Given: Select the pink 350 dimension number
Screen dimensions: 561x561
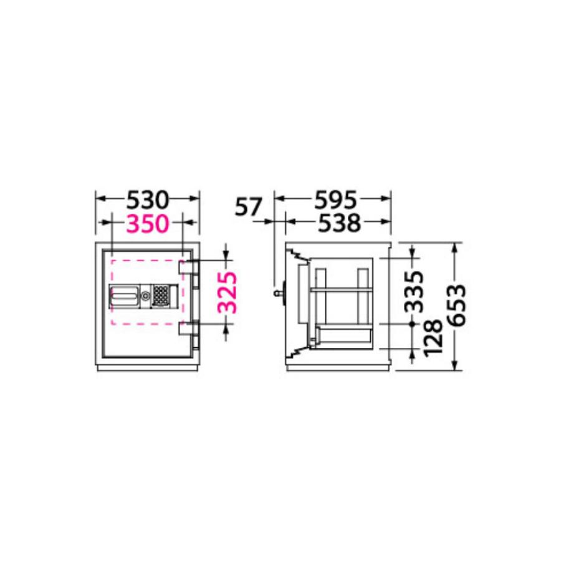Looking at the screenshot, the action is pyautogui.click(x=147, y=224).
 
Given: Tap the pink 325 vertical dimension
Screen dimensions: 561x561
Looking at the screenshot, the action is pyautogui.click(x=227, y=293).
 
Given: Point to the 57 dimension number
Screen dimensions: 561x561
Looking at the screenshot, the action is pyautogui.click(x=249, y=206).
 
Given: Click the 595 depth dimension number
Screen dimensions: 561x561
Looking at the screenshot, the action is pyautogui.click(x=335, y=199).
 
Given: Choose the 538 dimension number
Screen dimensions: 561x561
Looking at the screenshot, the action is pyautogui.click(x=339, y=223).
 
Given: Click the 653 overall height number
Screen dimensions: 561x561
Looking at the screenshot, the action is pyautogui.click(x=458, y=305).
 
